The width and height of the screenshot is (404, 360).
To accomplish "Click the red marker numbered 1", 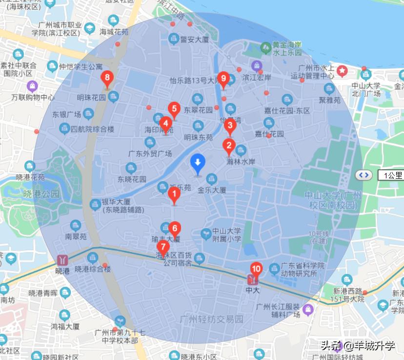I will tap(174, 195).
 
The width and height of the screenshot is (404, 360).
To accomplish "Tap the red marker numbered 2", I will tap(228, 146).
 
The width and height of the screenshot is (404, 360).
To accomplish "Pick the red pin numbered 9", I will tap(223, 79).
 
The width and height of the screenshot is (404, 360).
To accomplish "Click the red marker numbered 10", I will tap(256, 269).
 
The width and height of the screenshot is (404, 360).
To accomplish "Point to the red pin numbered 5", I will tap(174, 109).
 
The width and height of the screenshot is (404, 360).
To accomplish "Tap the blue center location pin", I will tap(198, 163).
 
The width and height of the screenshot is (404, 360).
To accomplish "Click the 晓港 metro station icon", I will tap(62, 259).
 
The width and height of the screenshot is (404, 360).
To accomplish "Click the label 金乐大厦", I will tap(212, 190).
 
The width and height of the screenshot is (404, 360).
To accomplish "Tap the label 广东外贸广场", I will tap(150, 153).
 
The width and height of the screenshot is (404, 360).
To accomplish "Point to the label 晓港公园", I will tap(41, 194).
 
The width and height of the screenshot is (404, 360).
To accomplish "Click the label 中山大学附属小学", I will tap(227, 235).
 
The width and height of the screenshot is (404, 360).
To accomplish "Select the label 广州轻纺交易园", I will tap(211, 319).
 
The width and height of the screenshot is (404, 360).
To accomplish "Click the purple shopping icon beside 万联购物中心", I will tap(32, 86).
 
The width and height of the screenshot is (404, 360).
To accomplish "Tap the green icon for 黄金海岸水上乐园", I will tap(266, 47).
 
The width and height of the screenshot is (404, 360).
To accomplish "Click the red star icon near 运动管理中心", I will tap(343, 71).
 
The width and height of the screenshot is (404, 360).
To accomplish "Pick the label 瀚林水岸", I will tap(241, 162).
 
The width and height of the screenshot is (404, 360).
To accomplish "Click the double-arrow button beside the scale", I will tap(364, 175).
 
